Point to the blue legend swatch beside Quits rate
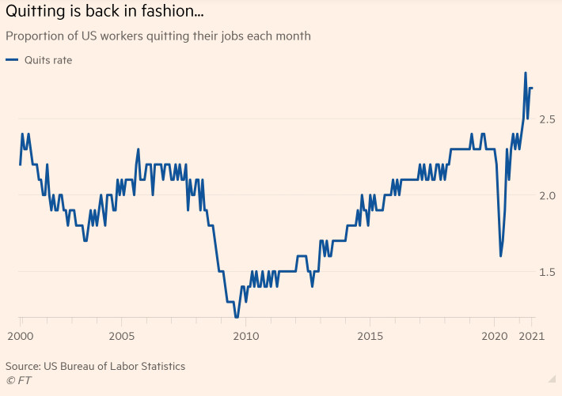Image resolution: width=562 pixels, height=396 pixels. click(12, 60)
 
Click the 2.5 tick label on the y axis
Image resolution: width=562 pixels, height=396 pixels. click(547, 119)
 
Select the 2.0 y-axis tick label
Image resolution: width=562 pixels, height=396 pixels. click(547, 196)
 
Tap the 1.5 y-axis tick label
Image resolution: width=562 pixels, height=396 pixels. click(547, 273)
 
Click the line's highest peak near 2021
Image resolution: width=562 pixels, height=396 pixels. click(526, 73)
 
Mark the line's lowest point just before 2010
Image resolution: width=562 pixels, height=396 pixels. click(236, 316)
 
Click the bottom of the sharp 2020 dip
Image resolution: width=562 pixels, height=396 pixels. click(500, 256)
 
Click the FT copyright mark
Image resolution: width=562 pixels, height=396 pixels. click(18, 380)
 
